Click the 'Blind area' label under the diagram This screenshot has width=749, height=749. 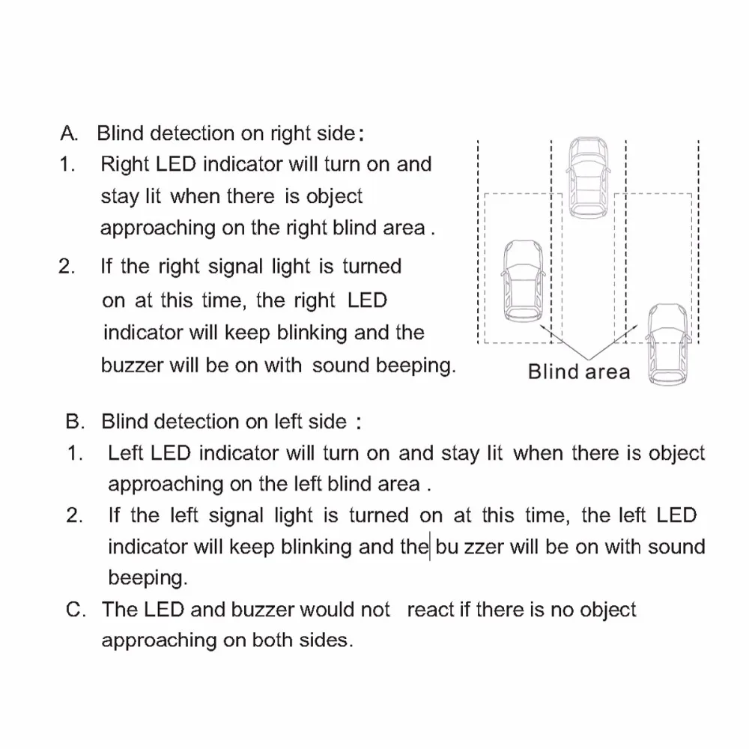[x=579, y=372]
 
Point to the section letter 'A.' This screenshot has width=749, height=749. [x=70, y=133]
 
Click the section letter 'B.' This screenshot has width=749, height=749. [x=76, y=421]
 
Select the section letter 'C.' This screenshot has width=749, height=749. [x=76, y=609]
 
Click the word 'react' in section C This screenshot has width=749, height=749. [x=430, y=609]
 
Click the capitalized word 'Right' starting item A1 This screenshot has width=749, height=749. [x=123, y=164]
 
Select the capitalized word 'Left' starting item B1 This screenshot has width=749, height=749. [x=126, y=452]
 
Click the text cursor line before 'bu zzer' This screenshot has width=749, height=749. [x=429, y=546]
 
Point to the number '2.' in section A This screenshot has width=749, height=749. [x=67, y=267]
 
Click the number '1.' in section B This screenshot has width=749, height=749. [x=75, y=452]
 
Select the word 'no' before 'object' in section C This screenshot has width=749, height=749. [x=561, y=609]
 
